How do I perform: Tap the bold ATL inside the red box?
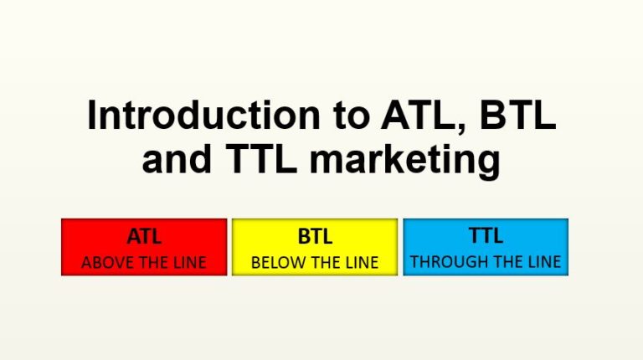click(144, 237)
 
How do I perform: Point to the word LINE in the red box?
click(189, 262)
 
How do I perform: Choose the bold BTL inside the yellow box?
click(315, 237)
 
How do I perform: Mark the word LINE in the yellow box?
click(361, 262)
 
